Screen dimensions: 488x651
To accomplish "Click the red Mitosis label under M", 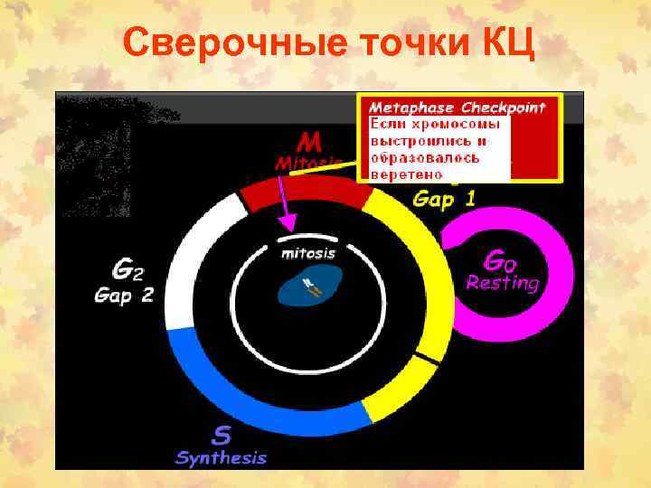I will click(x=308, y=163).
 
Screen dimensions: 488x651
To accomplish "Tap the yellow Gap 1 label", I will click(x=444, y=199).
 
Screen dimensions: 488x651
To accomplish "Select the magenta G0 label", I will click(x=501, y=261).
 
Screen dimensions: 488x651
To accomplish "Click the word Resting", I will click(x=502, y=283).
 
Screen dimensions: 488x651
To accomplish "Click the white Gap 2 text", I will click(x=125, y=295).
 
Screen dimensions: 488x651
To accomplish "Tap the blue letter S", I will click(x=221, y=435).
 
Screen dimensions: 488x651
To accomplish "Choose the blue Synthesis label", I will click(x=222, y=457).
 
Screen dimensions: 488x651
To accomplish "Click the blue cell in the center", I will click(x=308, y=288).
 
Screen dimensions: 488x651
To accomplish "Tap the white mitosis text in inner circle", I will click(x=308, y=254).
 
